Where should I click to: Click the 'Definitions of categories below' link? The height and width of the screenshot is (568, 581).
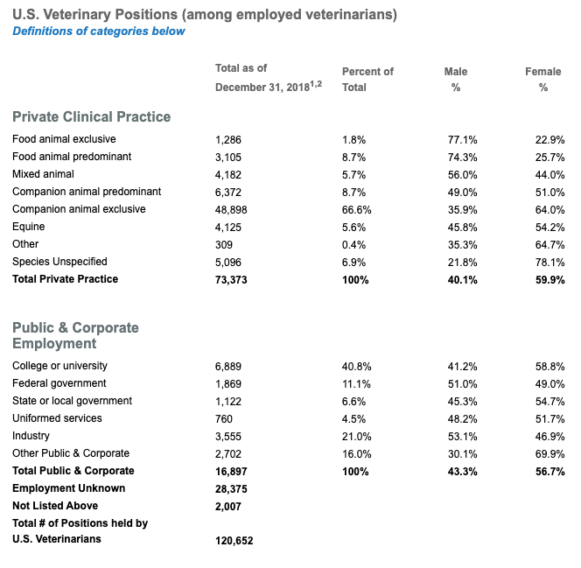click(99, 32)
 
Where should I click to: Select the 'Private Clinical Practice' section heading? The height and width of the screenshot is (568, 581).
click(92, 116)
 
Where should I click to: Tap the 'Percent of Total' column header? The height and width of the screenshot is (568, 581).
click(367, 80)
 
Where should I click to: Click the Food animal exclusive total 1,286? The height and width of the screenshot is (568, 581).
click(227, 140)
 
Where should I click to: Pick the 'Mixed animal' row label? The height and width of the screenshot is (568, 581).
click(43, 174)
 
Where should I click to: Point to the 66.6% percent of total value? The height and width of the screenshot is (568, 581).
click(356, 210)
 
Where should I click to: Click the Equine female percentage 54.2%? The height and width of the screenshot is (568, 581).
click(549, 228)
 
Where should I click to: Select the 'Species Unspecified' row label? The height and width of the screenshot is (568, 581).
click(59, 262)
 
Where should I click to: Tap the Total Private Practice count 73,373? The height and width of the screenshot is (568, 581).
click(231, 280)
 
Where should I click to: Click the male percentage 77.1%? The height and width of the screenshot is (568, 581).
click(462, 140)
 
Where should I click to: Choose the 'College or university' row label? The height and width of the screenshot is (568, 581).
click(59, 366)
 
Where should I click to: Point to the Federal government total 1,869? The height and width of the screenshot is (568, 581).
click(227, 384)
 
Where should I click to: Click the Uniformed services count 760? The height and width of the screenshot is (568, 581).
click(224, 419)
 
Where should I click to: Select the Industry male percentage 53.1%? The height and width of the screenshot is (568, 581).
click(462, 437)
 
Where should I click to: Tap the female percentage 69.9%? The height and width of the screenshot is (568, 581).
click(549, 454)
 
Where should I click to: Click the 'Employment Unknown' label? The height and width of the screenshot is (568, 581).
click(68, 488)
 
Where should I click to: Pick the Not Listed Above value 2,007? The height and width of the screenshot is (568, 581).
click(227, 507)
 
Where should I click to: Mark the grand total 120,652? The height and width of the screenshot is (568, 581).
click(234, 541)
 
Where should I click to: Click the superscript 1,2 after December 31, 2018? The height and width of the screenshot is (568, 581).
click(316, 84)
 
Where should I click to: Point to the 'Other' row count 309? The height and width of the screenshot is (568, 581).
click(224, 245)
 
